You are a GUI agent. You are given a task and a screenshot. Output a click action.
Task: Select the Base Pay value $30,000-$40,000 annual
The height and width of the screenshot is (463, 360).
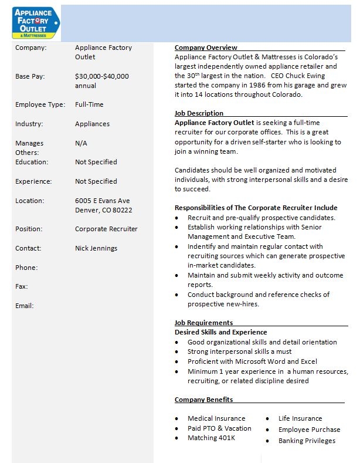[101, 81]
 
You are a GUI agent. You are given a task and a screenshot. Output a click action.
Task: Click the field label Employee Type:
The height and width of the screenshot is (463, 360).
[39, 104]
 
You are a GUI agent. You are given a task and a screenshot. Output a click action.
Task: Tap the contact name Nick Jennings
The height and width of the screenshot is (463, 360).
[96, 248]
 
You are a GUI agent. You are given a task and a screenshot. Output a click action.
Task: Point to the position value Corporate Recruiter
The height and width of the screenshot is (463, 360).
[106, 229]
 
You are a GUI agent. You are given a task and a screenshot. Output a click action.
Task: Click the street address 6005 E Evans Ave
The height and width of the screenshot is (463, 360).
[102, 201]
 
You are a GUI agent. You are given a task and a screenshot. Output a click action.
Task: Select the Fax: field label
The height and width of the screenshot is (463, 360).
[22, 286]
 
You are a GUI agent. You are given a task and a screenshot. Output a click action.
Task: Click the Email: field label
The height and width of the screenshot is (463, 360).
[24, 306]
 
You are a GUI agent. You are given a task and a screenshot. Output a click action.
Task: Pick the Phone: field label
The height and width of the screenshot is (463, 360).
[26, 268]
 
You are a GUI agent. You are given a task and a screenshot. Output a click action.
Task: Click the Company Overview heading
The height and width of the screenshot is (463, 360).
[206, 48]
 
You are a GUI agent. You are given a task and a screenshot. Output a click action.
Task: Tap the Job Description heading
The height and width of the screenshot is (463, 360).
[199, 113]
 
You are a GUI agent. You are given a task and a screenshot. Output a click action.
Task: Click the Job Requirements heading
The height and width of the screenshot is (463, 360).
[203, 323]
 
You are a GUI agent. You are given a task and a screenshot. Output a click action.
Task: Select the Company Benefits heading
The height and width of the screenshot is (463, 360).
[203, 400]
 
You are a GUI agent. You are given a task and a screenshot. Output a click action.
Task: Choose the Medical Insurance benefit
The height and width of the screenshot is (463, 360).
[216, 418]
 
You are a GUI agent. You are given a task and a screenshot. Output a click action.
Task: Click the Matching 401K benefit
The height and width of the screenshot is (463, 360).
[211, 438]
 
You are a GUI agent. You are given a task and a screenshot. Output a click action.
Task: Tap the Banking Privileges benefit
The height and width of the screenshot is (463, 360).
[307, 441]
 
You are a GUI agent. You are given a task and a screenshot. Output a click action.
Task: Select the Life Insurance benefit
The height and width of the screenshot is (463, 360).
[300, 418]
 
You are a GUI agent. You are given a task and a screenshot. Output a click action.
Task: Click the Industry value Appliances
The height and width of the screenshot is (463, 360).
[92, 124]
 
